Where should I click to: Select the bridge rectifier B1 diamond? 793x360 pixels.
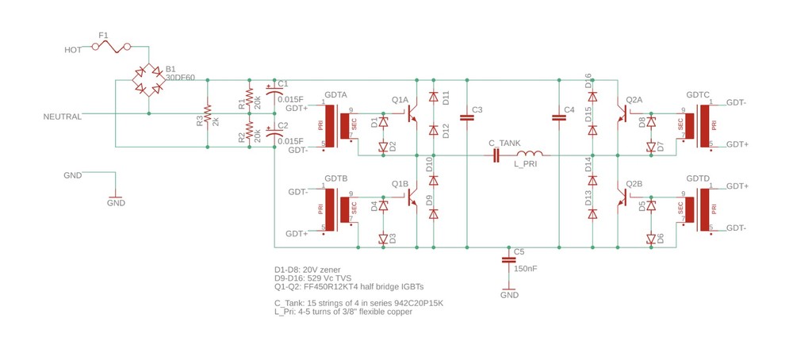[149, 80]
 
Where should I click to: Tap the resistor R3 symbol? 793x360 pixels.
[208, 114]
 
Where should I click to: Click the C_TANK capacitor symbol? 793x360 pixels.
[497, 156]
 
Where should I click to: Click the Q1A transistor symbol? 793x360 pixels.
[412, 119]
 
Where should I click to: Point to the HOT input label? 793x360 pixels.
[73, 49]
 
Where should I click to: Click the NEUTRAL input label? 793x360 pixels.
[63, 117]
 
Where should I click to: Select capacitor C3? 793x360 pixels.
[467, 117]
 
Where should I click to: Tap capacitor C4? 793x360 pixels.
[559, 117]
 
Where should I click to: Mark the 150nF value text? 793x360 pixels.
[525, 269]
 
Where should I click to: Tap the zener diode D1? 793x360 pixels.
[383, 123]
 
